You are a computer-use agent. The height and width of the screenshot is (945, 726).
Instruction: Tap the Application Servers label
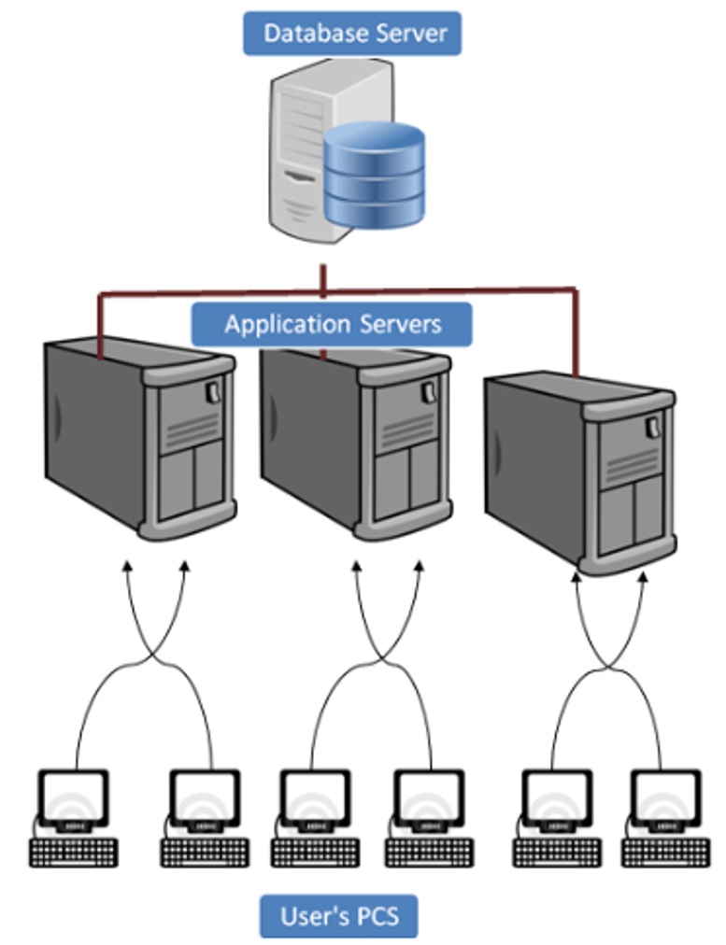click(332, 325)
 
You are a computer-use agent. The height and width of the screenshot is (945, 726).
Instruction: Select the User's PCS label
click(338, 916)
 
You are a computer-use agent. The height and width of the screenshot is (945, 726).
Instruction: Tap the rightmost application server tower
click(579, 467)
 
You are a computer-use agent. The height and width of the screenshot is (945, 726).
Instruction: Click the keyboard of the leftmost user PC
click(74, 852)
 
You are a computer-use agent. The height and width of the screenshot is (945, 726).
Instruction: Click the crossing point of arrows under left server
click(154, 656)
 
